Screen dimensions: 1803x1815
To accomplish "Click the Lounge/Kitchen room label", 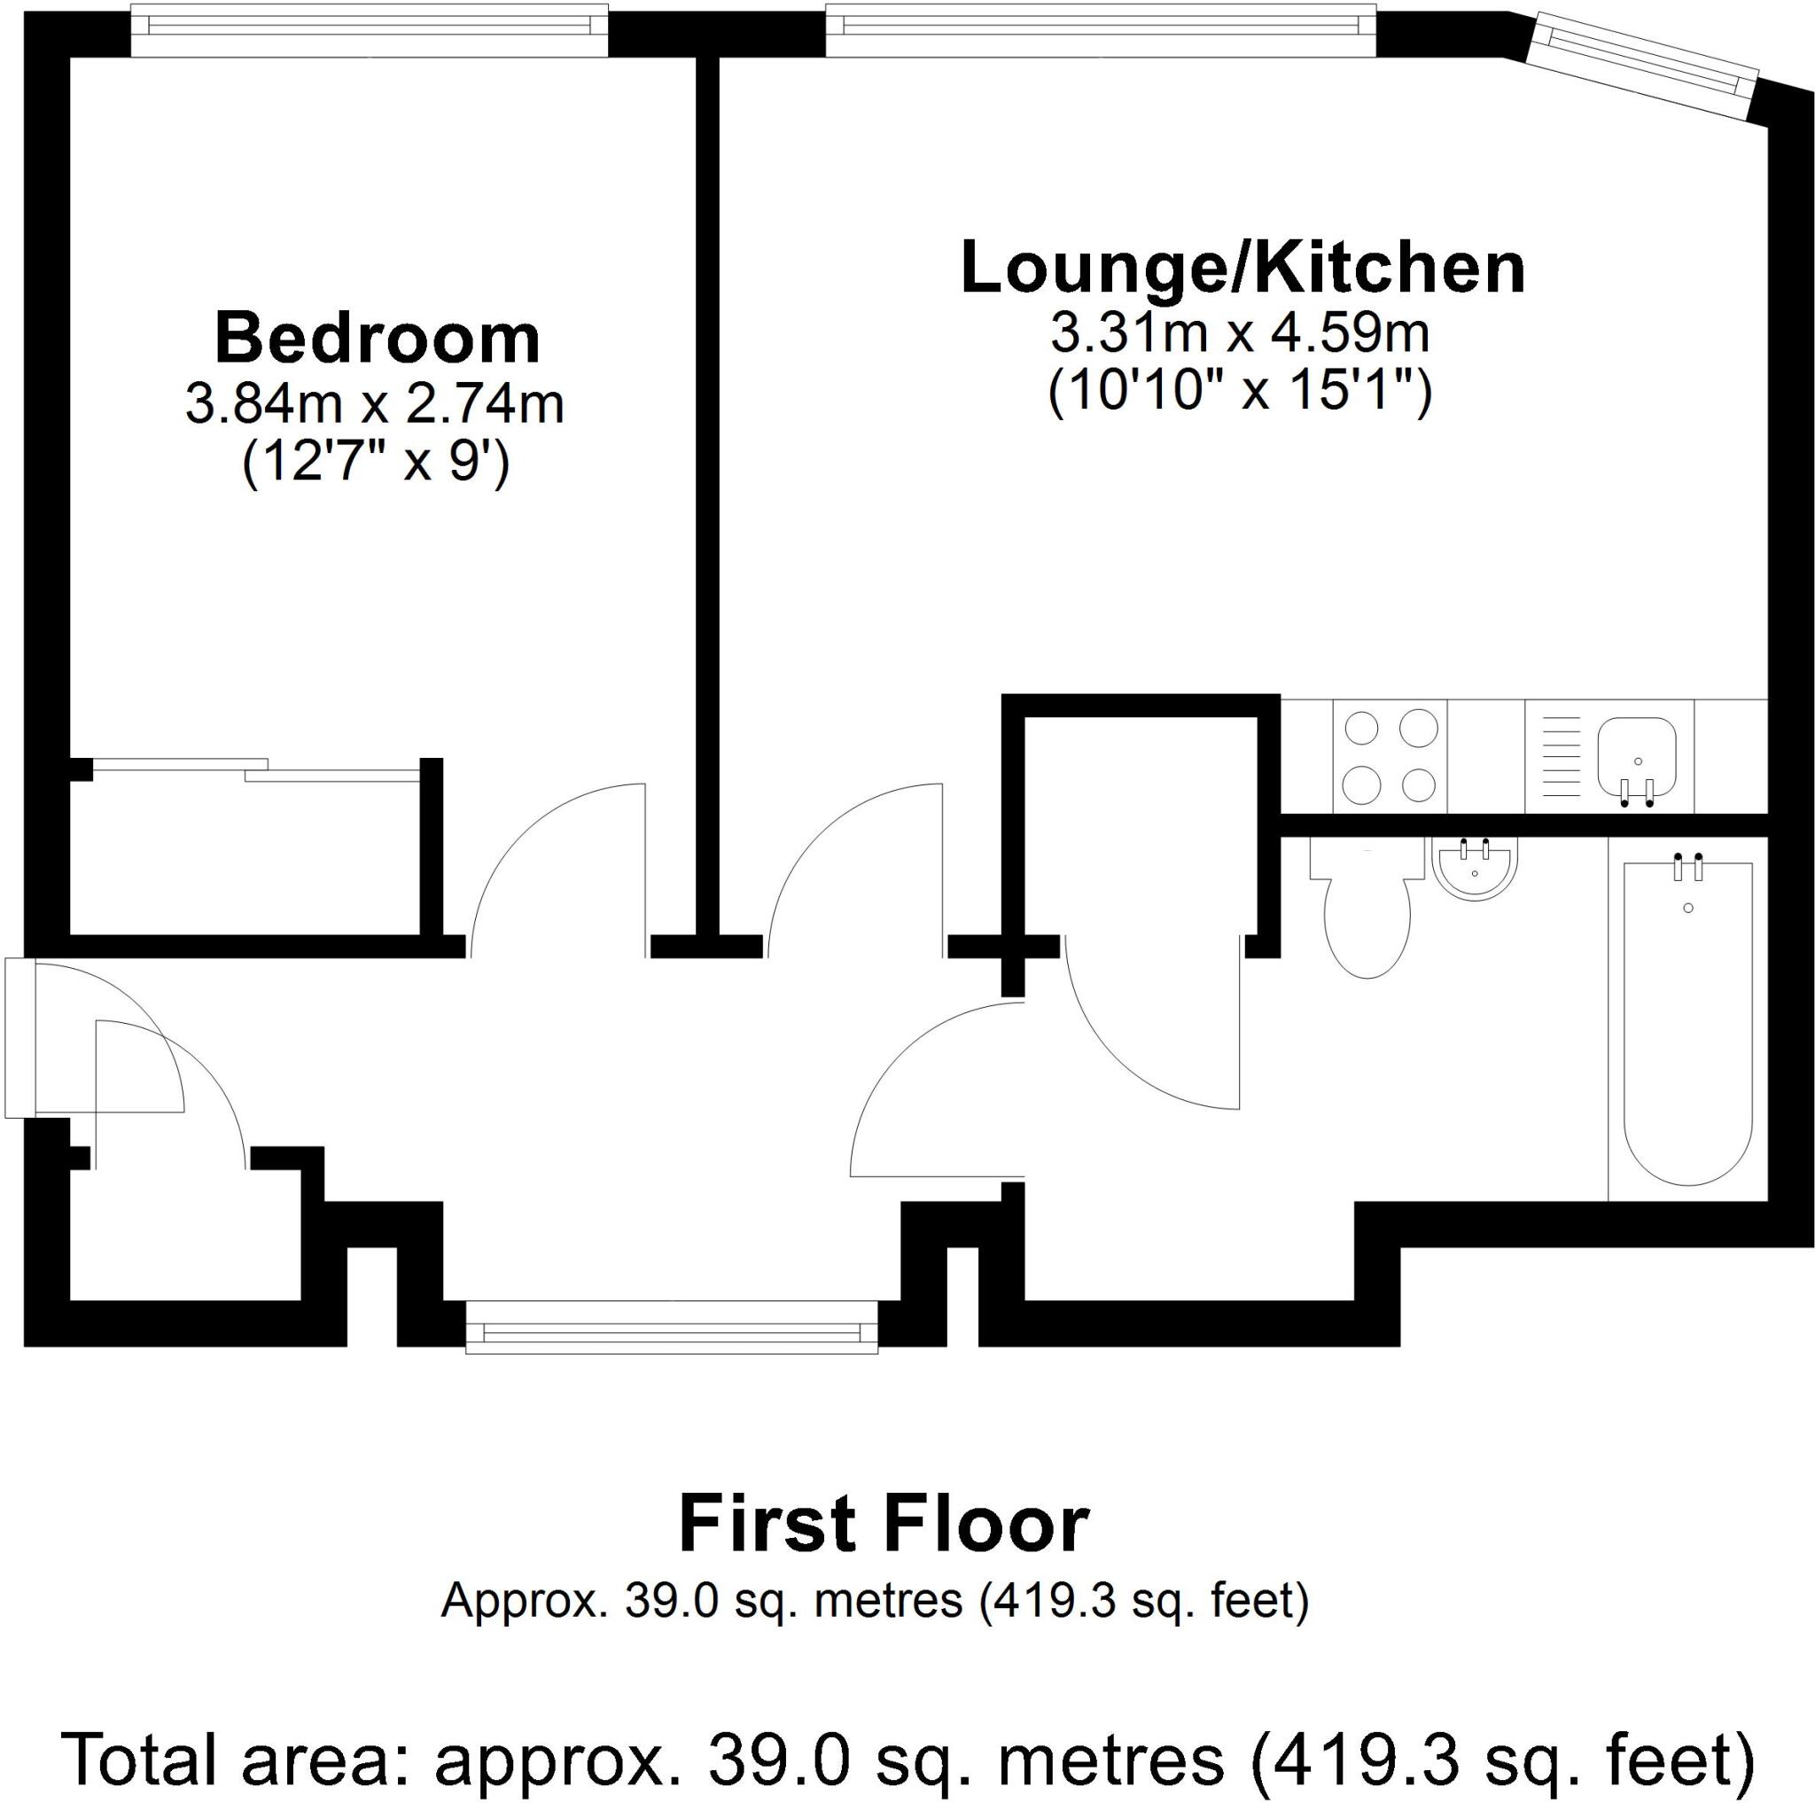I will click(1242, 269).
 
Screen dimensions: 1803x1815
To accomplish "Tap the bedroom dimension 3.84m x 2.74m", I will click(374, 405).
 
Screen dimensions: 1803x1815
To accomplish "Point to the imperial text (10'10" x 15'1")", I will click(1240, 392).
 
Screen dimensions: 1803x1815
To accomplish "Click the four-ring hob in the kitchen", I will click(1390, 755).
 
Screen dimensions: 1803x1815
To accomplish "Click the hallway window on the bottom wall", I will click(672, 1329).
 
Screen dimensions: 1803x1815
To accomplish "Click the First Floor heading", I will click(883, 1526).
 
